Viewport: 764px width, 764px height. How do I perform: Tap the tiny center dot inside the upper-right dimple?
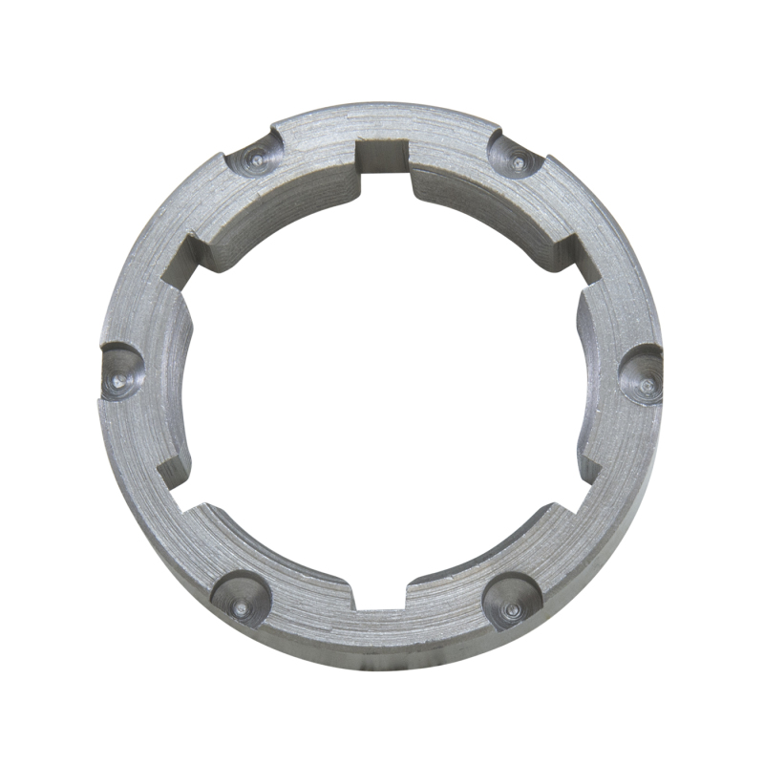(x=518, y=162)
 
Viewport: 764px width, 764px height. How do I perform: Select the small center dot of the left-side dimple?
(x=116, y=379)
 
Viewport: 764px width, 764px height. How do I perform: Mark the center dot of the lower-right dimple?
(x=514, y=606)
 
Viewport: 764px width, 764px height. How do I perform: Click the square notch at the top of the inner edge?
(x=382, y=158)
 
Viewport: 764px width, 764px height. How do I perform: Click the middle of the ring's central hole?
(x=382, y=377)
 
